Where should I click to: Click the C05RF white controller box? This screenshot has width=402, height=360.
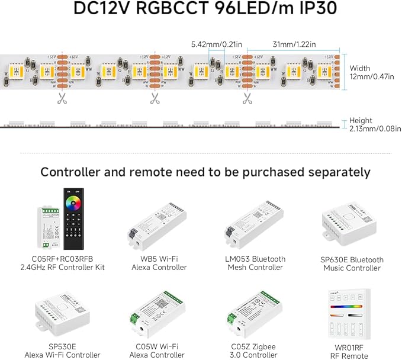[49, 227]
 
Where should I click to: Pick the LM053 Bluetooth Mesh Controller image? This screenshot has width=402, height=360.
[255, 228]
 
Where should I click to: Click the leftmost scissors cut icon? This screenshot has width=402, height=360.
[62, 98]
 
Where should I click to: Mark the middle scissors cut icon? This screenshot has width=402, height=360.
[155, 98]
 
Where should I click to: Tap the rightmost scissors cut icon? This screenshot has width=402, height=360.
[247, 98]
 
